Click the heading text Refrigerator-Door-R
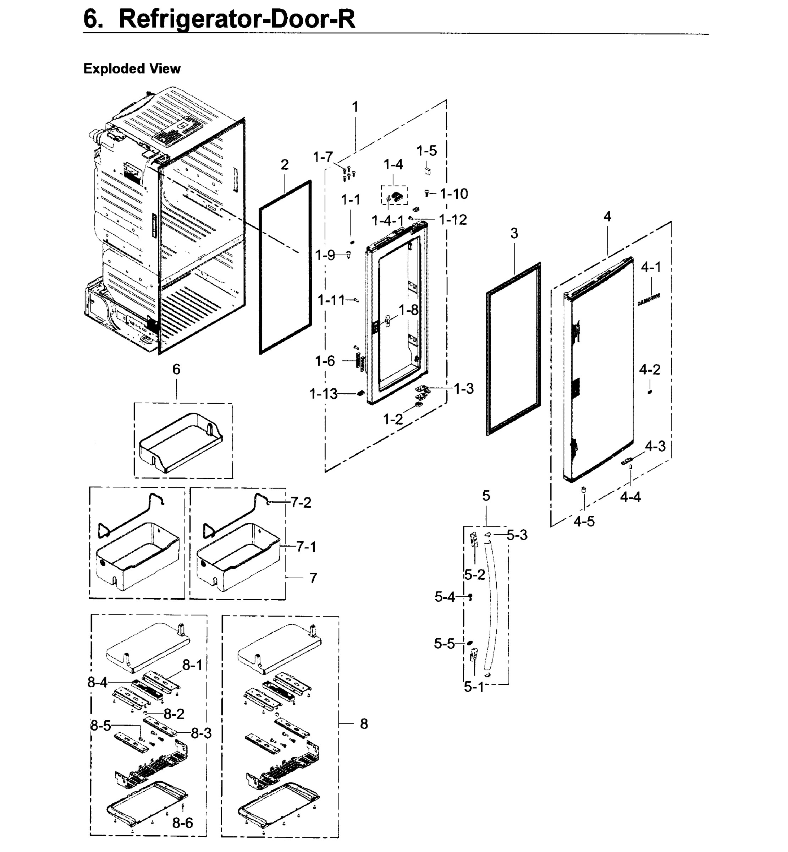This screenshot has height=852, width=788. click(x=237, y=19)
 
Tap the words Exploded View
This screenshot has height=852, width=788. click(x=132, y=69)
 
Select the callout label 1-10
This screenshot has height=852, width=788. click(x=454, y=194)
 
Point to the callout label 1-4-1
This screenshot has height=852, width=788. click(x=387, y=220)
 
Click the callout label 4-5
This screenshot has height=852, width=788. click(x=584, y=521)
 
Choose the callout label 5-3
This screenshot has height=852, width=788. click(x=517, y=535)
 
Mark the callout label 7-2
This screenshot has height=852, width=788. click(x=301, y=503)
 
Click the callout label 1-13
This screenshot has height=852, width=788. click(x=323, y=394)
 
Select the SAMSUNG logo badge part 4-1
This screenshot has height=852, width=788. click(x=649, y=300)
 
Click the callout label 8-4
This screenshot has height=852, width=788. click(x=97, y=682)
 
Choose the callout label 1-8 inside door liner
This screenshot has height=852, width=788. click(x=408, y=310)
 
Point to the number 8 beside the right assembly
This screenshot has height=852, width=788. click(x=363, y=723)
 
